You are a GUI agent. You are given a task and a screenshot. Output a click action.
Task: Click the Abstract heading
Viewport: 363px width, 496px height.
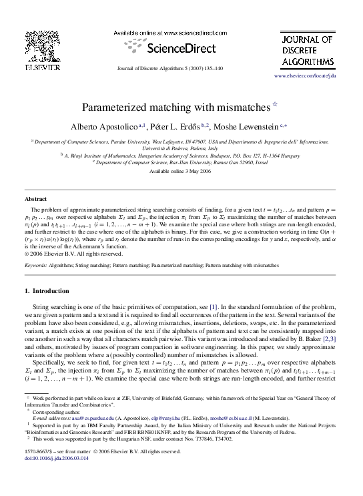click(35, 199)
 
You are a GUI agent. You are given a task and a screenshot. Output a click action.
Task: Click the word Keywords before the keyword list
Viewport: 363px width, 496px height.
click(36, 265)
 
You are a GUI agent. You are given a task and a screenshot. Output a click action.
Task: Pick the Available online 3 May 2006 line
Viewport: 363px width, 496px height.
click(181, 172)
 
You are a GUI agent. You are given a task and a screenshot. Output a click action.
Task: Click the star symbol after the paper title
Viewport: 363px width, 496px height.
click(276, 103)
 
